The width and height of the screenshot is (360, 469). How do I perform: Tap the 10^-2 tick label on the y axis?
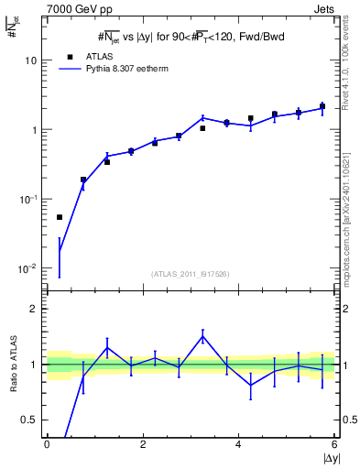[27, 268]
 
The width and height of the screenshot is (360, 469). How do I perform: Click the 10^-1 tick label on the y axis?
[27, 199]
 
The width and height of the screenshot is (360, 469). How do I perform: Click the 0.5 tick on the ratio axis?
[29, 420]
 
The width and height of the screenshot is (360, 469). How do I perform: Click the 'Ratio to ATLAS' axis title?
[12, 365]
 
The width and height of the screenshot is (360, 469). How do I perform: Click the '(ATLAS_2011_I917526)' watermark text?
[191, 274]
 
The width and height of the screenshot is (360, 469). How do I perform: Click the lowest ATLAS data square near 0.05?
[60, 217]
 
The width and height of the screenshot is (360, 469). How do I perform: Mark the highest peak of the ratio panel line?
[202, 336]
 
